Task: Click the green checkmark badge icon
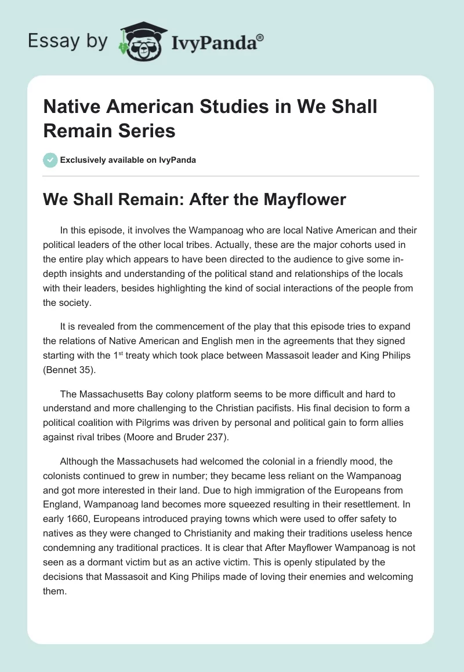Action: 51,160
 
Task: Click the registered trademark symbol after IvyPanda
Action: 260,37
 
